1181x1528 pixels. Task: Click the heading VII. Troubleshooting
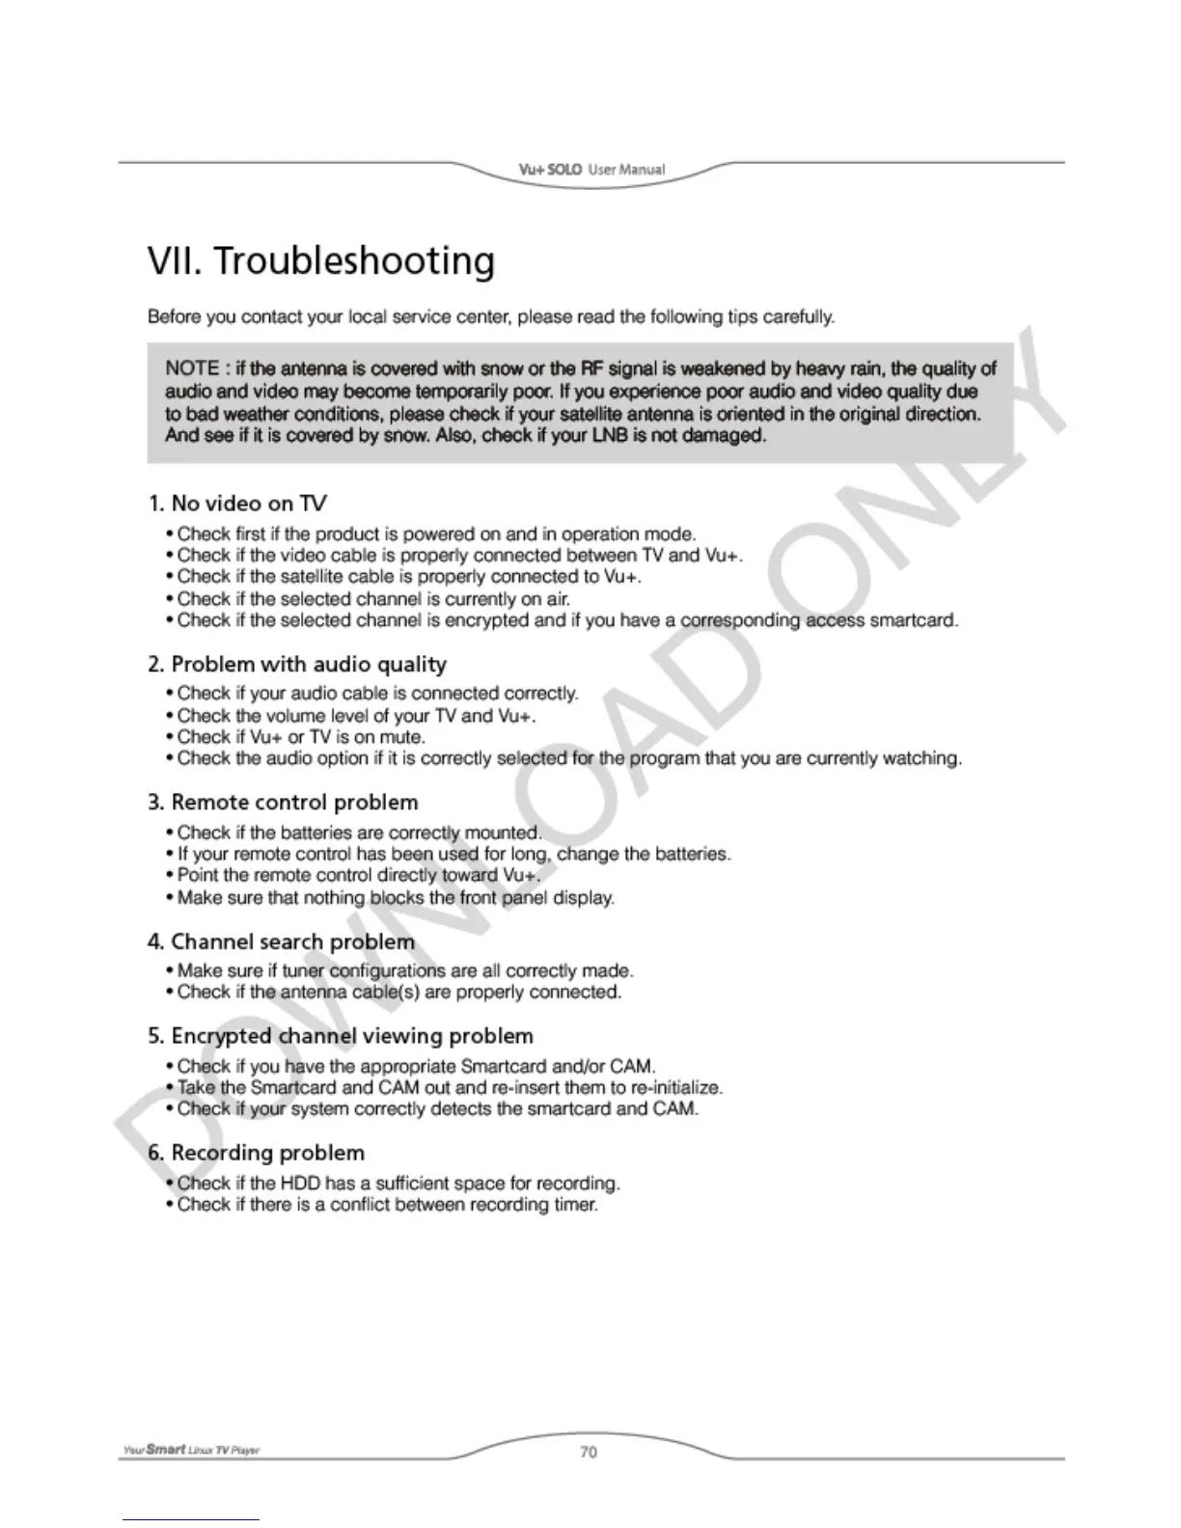321,261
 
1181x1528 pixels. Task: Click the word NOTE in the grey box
192,368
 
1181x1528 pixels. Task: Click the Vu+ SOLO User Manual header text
591,170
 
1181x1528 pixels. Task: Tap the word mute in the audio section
402,737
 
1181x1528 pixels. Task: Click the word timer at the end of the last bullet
577,1205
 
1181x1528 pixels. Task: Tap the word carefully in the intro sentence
799,316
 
